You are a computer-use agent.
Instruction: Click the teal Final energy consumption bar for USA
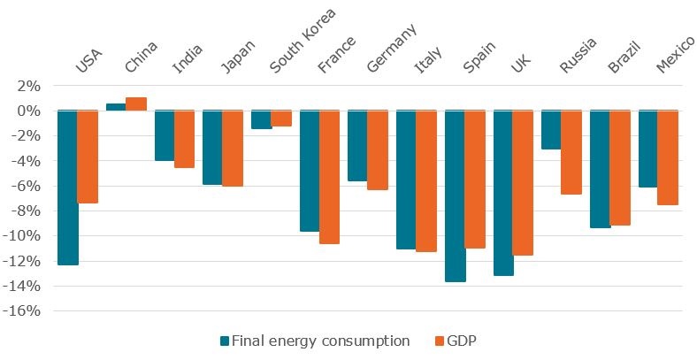tap(68, 188)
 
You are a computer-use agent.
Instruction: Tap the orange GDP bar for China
tap(135, 103)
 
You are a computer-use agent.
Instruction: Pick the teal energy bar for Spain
tap(455, 195)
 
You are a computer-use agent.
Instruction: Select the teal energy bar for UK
tap(503, 193)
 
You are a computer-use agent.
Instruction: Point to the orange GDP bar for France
tap(329, 177)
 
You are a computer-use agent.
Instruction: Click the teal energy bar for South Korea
tap(261, 119)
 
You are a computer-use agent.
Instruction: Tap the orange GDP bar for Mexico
tap(667, 157)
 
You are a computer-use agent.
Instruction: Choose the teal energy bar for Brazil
tap(600, 169)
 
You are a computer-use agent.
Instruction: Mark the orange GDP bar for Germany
tap(377, 150)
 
